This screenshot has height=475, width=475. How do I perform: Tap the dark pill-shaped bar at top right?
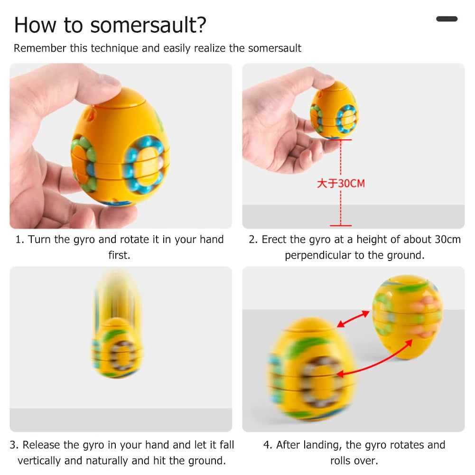[x=447, y=19]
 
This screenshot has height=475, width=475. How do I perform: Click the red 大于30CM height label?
[x=341, y=183]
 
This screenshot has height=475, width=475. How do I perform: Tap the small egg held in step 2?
[x=334, y=110]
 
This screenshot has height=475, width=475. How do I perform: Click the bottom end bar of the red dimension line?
[x=341, y=225]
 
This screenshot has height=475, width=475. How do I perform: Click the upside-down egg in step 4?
[x=408, y=317]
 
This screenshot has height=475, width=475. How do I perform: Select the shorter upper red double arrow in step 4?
[x=353, y=319]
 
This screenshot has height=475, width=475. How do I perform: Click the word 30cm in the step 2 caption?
[x=448, y=240]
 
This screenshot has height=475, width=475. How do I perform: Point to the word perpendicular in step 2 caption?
[x=317, y=255]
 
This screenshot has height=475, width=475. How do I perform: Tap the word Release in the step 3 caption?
[x=41, y=445]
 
